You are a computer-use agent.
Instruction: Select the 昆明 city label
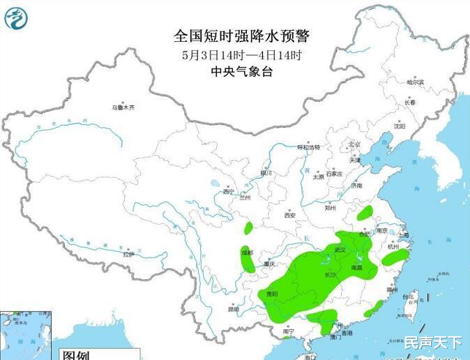(x=233, y=309)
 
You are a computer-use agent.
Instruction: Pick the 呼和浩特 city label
(x=308, y=147)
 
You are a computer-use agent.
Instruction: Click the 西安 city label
(x=289, y=215)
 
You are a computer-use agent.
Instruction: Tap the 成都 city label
(x=247, y=251)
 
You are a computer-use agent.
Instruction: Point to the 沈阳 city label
(x=399, y=126)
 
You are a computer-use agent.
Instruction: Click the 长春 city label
(x=409, y=103)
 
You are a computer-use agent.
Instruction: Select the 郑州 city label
(x=331, y=207)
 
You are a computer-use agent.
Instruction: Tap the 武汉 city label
(x=340, y=249)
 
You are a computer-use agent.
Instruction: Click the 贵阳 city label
(x=272, y=294)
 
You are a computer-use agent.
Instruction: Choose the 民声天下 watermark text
(x=432, y=342)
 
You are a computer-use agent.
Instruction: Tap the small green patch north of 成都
(x=248, y=227)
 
